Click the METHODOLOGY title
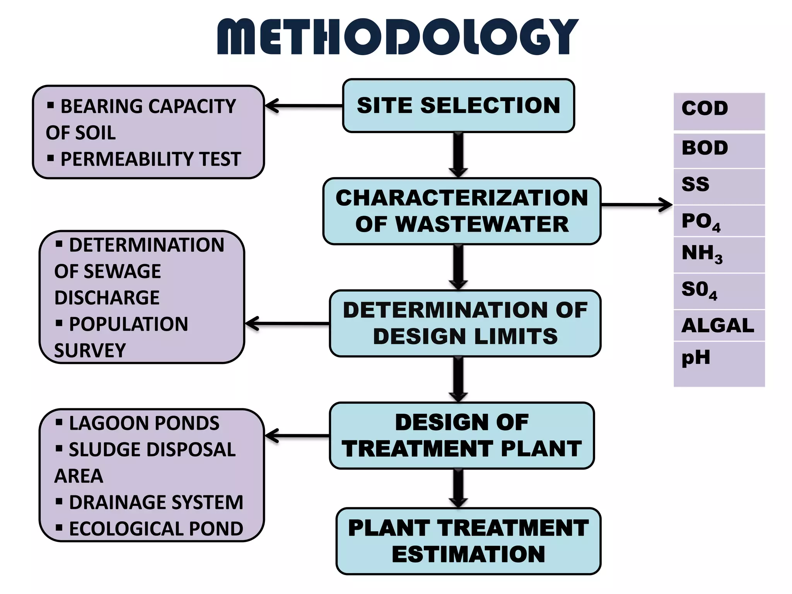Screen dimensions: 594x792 (398, 37)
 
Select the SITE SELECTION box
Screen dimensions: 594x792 (458, 106)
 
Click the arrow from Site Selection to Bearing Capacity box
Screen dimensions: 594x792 (304, 106)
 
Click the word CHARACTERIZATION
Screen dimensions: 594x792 (462, 198)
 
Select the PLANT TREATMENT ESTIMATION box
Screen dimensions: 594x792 (468, 541)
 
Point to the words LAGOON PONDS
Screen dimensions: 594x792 (144, 423)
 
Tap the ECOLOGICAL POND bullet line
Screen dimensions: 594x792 (155, 529)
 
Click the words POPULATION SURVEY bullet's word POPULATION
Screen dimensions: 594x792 (128, 324)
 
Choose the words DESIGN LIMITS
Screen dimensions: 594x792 (465, 336)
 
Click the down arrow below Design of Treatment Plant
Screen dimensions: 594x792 (458, 488)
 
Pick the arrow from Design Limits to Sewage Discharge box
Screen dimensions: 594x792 (287, 324)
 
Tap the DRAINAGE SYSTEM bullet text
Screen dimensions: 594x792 (155, 502)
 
